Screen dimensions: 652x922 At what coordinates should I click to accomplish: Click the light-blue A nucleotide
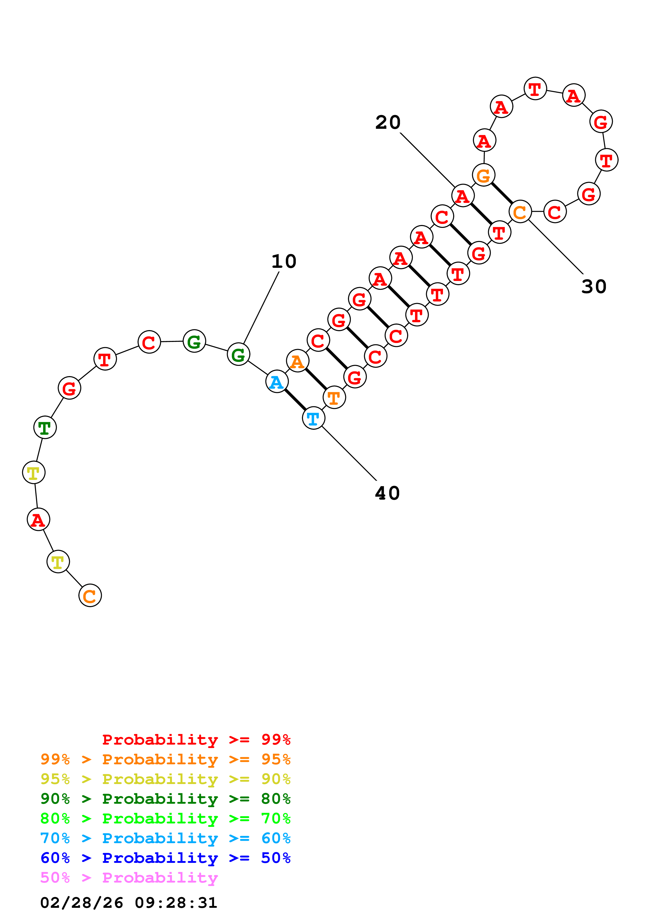coord(277,381)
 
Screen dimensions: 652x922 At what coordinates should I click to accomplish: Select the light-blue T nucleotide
coord(313,418)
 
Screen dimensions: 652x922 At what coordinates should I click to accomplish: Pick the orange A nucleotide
coord(297,361)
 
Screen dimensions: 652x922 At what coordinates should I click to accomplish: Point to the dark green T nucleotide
coord(45,427)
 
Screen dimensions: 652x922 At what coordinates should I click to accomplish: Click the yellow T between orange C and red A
coord(58,562)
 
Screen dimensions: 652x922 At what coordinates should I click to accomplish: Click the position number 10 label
coord(284,262)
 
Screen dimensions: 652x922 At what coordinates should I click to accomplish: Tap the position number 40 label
coord(387,493)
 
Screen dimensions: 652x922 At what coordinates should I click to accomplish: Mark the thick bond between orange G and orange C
coord(502,193)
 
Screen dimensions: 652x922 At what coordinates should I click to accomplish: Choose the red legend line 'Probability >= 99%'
coord(196,740)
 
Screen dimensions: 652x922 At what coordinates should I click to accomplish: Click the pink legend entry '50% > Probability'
coord(129,878)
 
